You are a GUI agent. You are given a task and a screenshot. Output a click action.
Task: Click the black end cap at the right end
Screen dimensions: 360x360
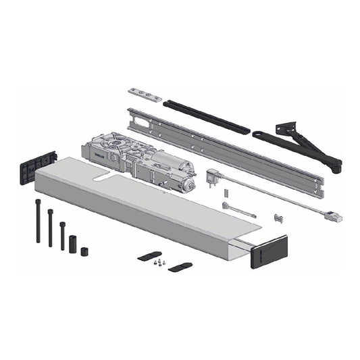269,251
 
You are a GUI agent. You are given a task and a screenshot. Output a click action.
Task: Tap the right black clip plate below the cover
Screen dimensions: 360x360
179,267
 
